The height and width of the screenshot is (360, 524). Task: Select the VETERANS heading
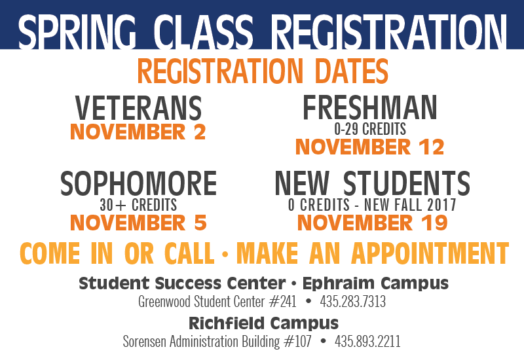point(138,108)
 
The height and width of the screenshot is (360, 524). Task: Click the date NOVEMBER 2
point(138,132)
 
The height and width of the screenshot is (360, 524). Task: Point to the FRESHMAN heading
point(369,108)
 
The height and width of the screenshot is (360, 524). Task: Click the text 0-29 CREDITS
point(370,129)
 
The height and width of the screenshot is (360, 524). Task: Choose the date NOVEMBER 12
point(370,147)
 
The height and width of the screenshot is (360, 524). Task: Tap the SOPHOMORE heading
point(138,184)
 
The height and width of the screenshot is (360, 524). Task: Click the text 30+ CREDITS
point(138,206)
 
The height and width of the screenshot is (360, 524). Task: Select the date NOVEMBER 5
point(138,223)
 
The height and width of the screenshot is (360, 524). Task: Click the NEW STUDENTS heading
point(372,184)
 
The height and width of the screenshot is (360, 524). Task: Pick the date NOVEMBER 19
point(372,223)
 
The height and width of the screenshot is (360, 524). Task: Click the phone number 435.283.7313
point(352,302)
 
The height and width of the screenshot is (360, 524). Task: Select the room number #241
point(282,302)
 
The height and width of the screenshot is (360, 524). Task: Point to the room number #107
point(297,342)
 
